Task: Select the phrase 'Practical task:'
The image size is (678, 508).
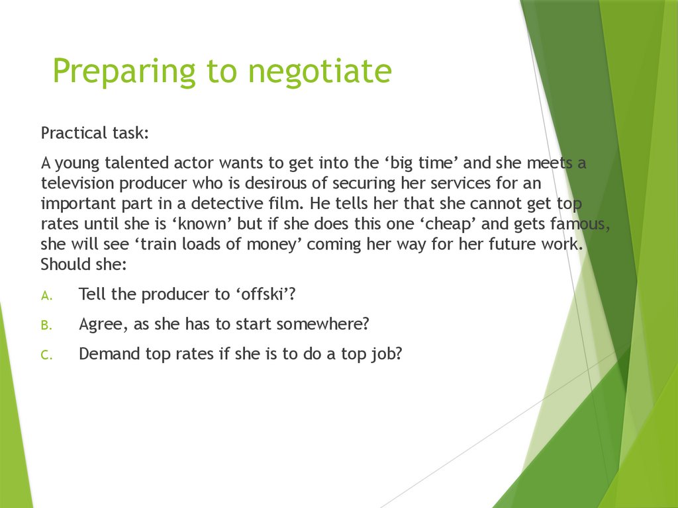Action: [95, 133]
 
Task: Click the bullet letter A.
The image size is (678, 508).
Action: [46, 296]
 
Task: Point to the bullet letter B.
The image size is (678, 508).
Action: [46, 326]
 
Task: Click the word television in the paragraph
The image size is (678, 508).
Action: [80, 183]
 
